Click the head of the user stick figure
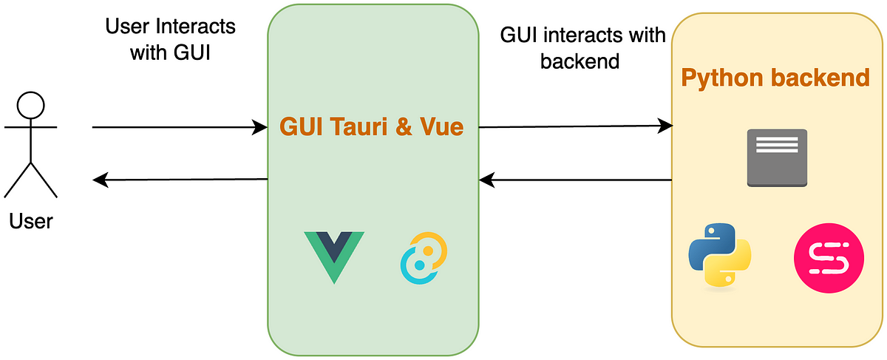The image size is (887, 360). (x=30, y=106)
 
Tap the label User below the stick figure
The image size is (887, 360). (x=31, y=221)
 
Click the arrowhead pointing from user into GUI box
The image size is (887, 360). (x=259, y=127)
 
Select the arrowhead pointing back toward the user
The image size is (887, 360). (x=101, y=180)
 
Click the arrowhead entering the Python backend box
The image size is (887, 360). (x=665, y=126)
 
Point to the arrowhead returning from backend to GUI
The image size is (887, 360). (x=486, y=180)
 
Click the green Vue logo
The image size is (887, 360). (x=334, y=257)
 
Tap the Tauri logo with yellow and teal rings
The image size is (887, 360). (x=424, y=258)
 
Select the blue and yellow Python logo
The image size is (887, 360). (x=720, y=255)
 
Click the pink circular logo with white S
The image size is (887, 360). (x=829, y=258)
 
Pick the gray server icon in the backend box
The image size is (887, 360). (x=777, y=157)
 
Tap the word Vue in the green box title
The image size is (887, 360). (x=441, y=126)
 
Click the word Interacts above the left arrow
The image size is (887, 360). (x=196, y=27)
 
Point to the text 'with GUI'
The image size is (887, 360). (x=170, y=52)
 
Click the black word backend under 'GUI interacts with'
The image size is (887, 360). (x=580, y=61)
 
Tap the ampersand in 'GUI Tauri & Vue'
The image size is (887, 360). (x=404, y=126)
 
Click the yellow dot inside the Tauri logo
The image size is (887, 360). (x=428, y=251)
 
